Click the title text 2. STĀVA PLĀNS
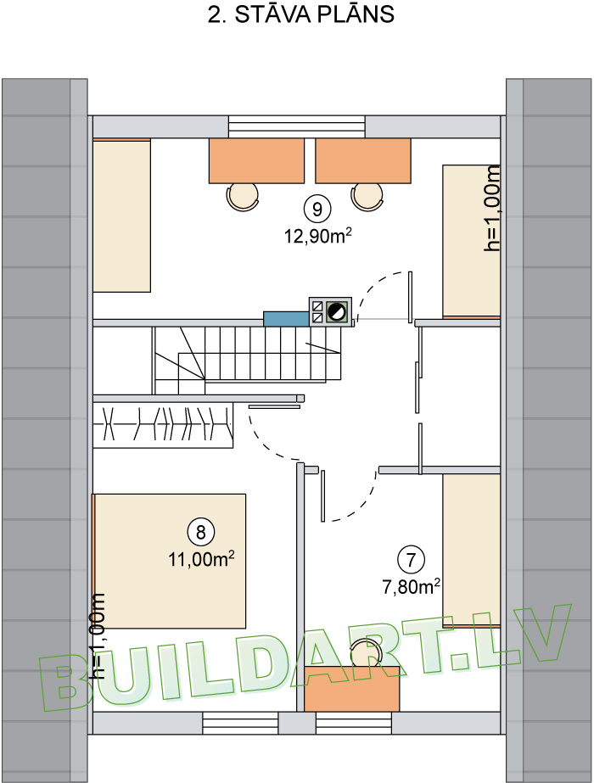coord(300,16)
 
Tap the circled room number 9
coord(317,207)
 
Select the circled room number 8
coord(201,532)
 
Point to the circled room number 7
coord(411,559)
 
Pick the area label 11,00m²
coord(201,560)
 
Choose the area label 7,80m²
coord(411,585)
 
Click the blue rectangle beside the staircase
coord(286,319)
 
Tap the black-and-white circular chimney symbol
coord(337,311)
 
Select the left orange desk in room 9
coord(256,160)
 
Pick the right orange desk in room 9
coord(363,160)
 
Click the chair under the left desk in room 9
coord(243,196)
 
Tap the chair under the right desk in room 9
coord(367,196)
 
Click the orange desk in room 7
coord(351,688)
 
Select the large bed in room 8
coord(170,560)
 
